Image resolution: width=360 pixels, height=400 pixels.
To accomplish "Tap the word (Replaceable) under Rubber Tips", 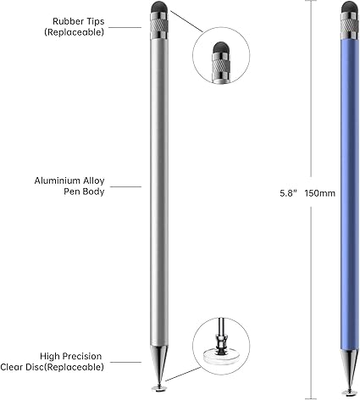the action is point(74,32).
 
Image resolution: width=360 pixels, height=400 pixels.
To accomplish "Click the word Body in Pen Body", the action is point(95,192).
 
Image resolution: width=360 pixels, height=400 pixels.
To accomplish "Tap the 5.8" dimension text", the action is point(288,193).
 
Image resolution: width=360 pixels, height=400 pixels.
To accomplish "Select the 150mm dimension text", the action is point(320,193).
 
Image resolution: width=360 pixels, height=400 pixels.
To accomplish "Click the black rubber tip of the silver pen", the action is point(159,8).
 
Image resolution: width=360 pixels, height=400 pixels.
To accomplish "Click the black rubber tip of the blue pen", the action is point(349,8).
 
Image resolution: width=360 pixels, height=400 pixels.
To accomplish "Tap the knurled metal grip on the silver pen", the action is point(160,25).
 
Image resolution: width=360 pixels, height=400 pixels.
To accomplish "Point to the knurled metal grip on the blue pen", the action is point(350,25).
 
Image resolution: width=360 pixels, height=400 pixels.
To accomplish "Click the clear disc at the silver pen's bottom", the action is point(158,388).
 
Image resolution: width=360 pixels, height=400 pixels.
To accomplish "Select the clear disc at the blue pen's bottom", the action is point(350,392).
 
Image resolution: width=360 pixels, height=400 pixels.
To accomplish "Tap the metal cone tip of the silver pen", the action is point(159,364).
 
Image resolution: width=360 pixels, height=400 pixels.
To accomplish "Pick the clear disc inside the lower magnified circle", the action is point(220,356).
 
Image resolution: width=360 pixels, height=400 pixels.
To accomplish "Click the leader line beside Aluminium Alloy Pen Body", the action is point(125,186).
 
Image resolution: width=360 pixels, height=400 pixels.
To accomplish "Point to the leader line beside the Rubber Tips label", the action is point(125,27).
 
